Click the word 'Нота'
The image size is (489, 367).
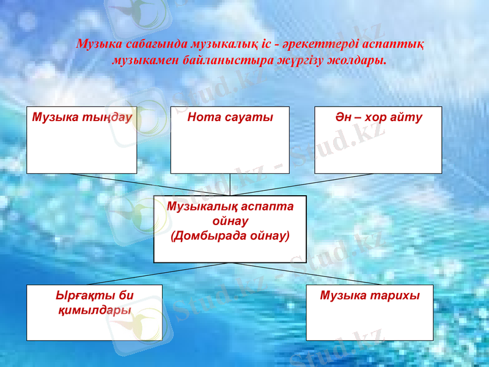[203, 117]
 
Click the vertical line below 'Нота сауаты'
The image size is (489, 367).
[230, 184]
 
